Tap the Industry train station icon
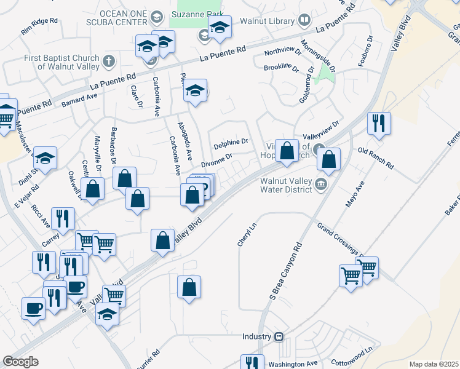pyautogui.click(x=279, y=337)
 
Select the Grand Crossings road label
pyautogui.click(x=339, y=240)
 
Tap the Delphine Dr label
pyautogui.click(x=231, y=145)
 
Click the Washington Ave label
pyautogui.click(x=292, y=364)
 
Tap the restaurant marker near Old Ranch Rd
pyautogui.click(x=379, y=124)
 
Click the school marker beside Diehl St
pyautogui.click(x=45, y=159)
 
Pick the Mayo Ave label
pyautogui.click(x=355, y=194)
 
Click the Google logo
pyautogui.click(x=20, y=362)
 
